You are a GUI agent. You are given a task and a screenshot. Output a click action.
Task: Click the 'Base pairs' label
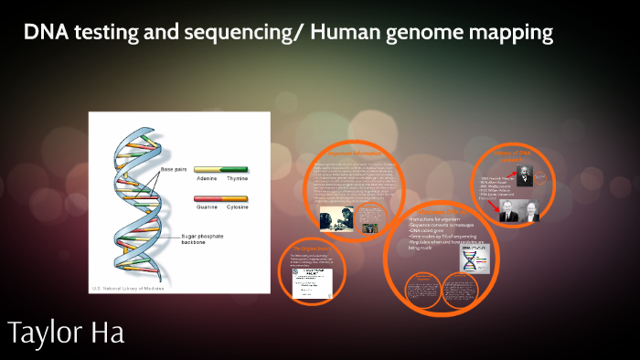click(173, 170)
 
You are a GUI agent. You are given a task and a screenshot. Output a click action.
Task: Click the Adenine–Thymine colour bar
click(220, 170)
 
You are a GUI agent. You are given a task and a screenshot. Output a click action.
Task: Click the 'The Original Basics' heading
click(308, 249)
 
